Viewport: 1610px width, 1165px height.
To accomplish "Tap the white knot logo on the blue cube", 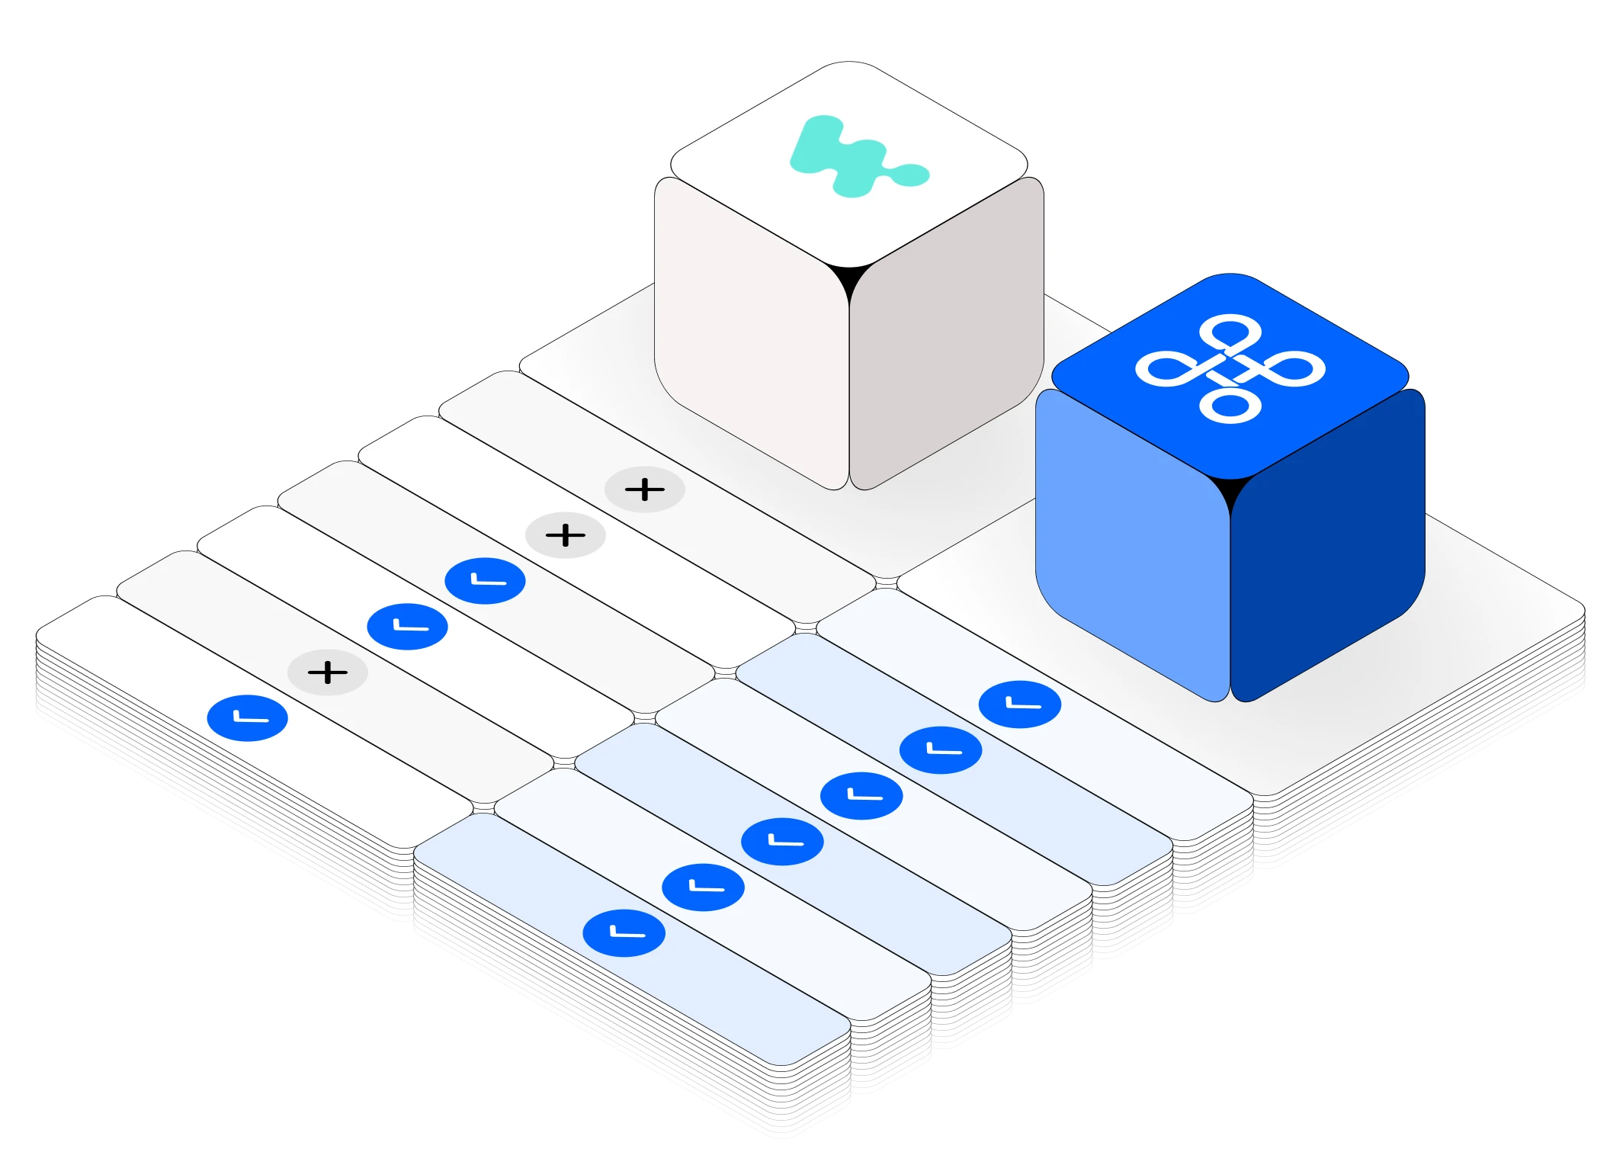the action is click(1230, 369).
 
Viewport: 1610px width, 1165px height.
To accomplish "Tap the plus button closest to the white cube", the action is click(645, 489).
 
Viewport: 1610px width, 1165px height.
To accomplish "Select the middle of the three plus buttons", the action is click(566, 535).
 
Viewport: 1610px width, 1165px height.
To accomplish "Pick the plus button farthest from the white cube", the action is click(328, 672).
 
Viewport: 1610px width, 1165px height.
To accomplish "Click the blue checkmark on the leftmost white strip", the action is click(248, 718).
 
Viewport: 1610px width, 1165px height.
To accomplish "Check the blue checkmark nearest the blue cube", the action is click(1020, 704).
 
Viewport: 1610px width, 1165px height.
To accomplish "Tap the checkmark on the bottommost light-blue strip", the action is click(624, 933).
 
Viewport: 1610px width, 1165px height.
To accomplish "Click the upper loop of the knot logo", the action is click(1230, 333).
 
